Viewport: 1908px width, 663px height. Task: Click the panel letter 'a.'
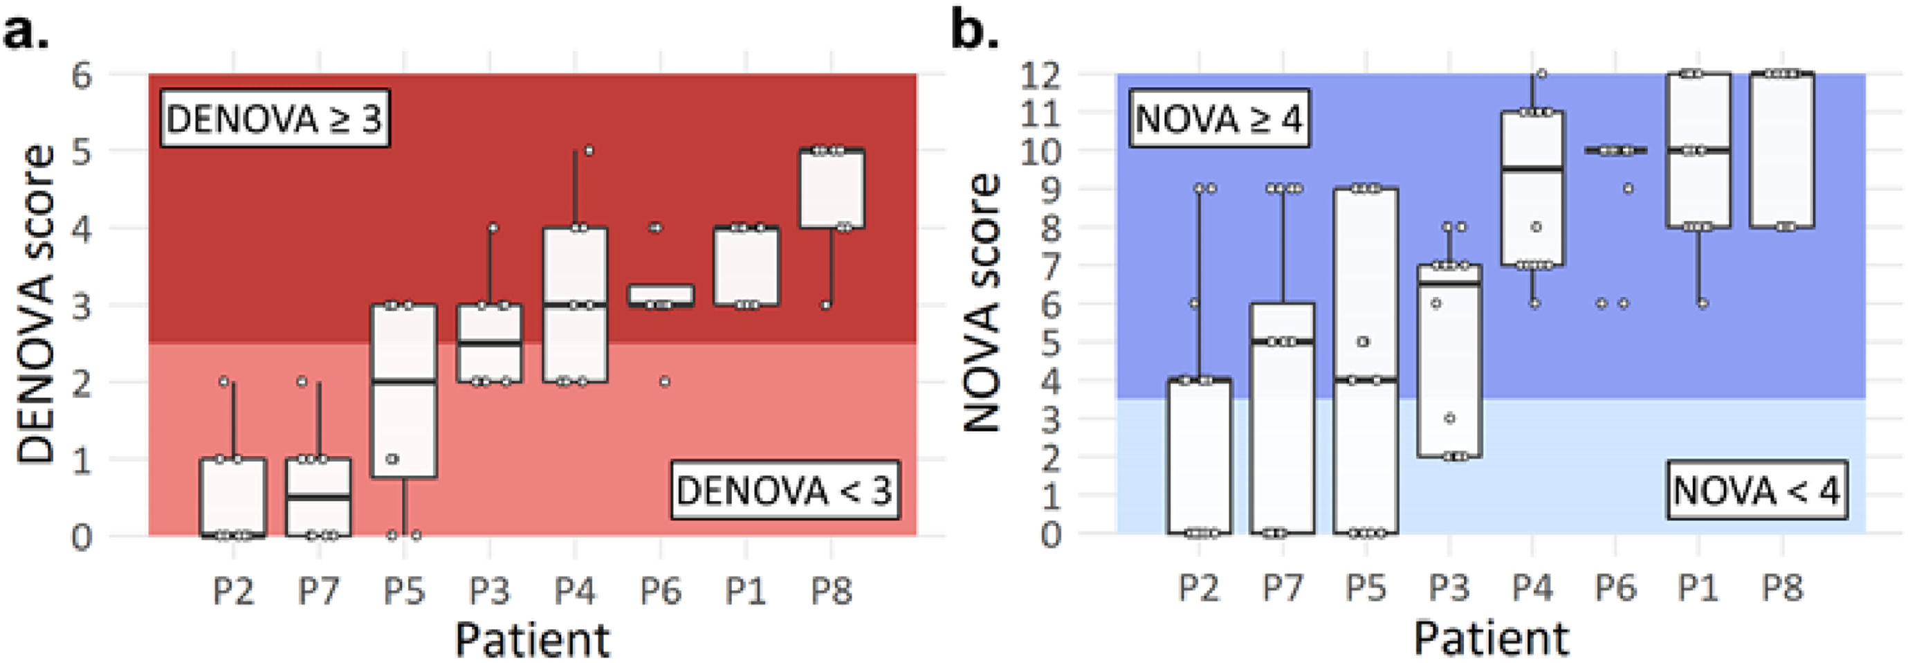point(25,33)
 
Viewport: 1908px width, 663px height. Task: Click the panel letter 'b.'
point(974,33)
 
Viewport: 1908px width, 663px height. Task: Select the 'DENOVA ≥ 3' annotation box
point(275,119)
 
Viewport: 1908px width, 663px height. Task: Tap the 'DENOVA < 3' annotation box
point(785,491)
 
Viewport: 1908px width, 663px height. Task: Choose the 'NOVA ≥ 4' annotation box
point(1218,118)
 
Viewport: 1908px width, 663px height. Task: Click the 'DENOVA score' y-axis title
point(35,304)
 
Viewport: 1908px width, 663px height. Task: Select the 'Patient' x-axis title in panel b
point(1491,637)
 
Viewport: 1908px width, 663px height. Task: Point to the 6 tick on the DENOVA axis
point(82,75)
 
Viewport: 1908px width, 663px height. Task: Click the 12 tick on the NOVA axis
point(1040,75)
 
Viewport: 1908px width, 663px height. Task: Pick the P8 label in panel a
point(831,591)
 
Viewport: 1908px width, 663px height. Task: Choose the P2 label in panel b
point(1199,588)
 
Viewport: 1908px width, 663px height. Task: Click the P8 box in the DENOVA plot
point(832,189)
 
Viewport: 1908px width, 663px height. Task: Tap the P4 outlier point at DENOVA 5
point(589,150)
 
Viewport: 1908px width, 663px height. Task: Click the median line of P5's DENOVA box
point(405,381)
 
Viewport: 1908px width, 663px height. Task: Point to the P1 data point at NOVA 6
point(1703,303)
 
